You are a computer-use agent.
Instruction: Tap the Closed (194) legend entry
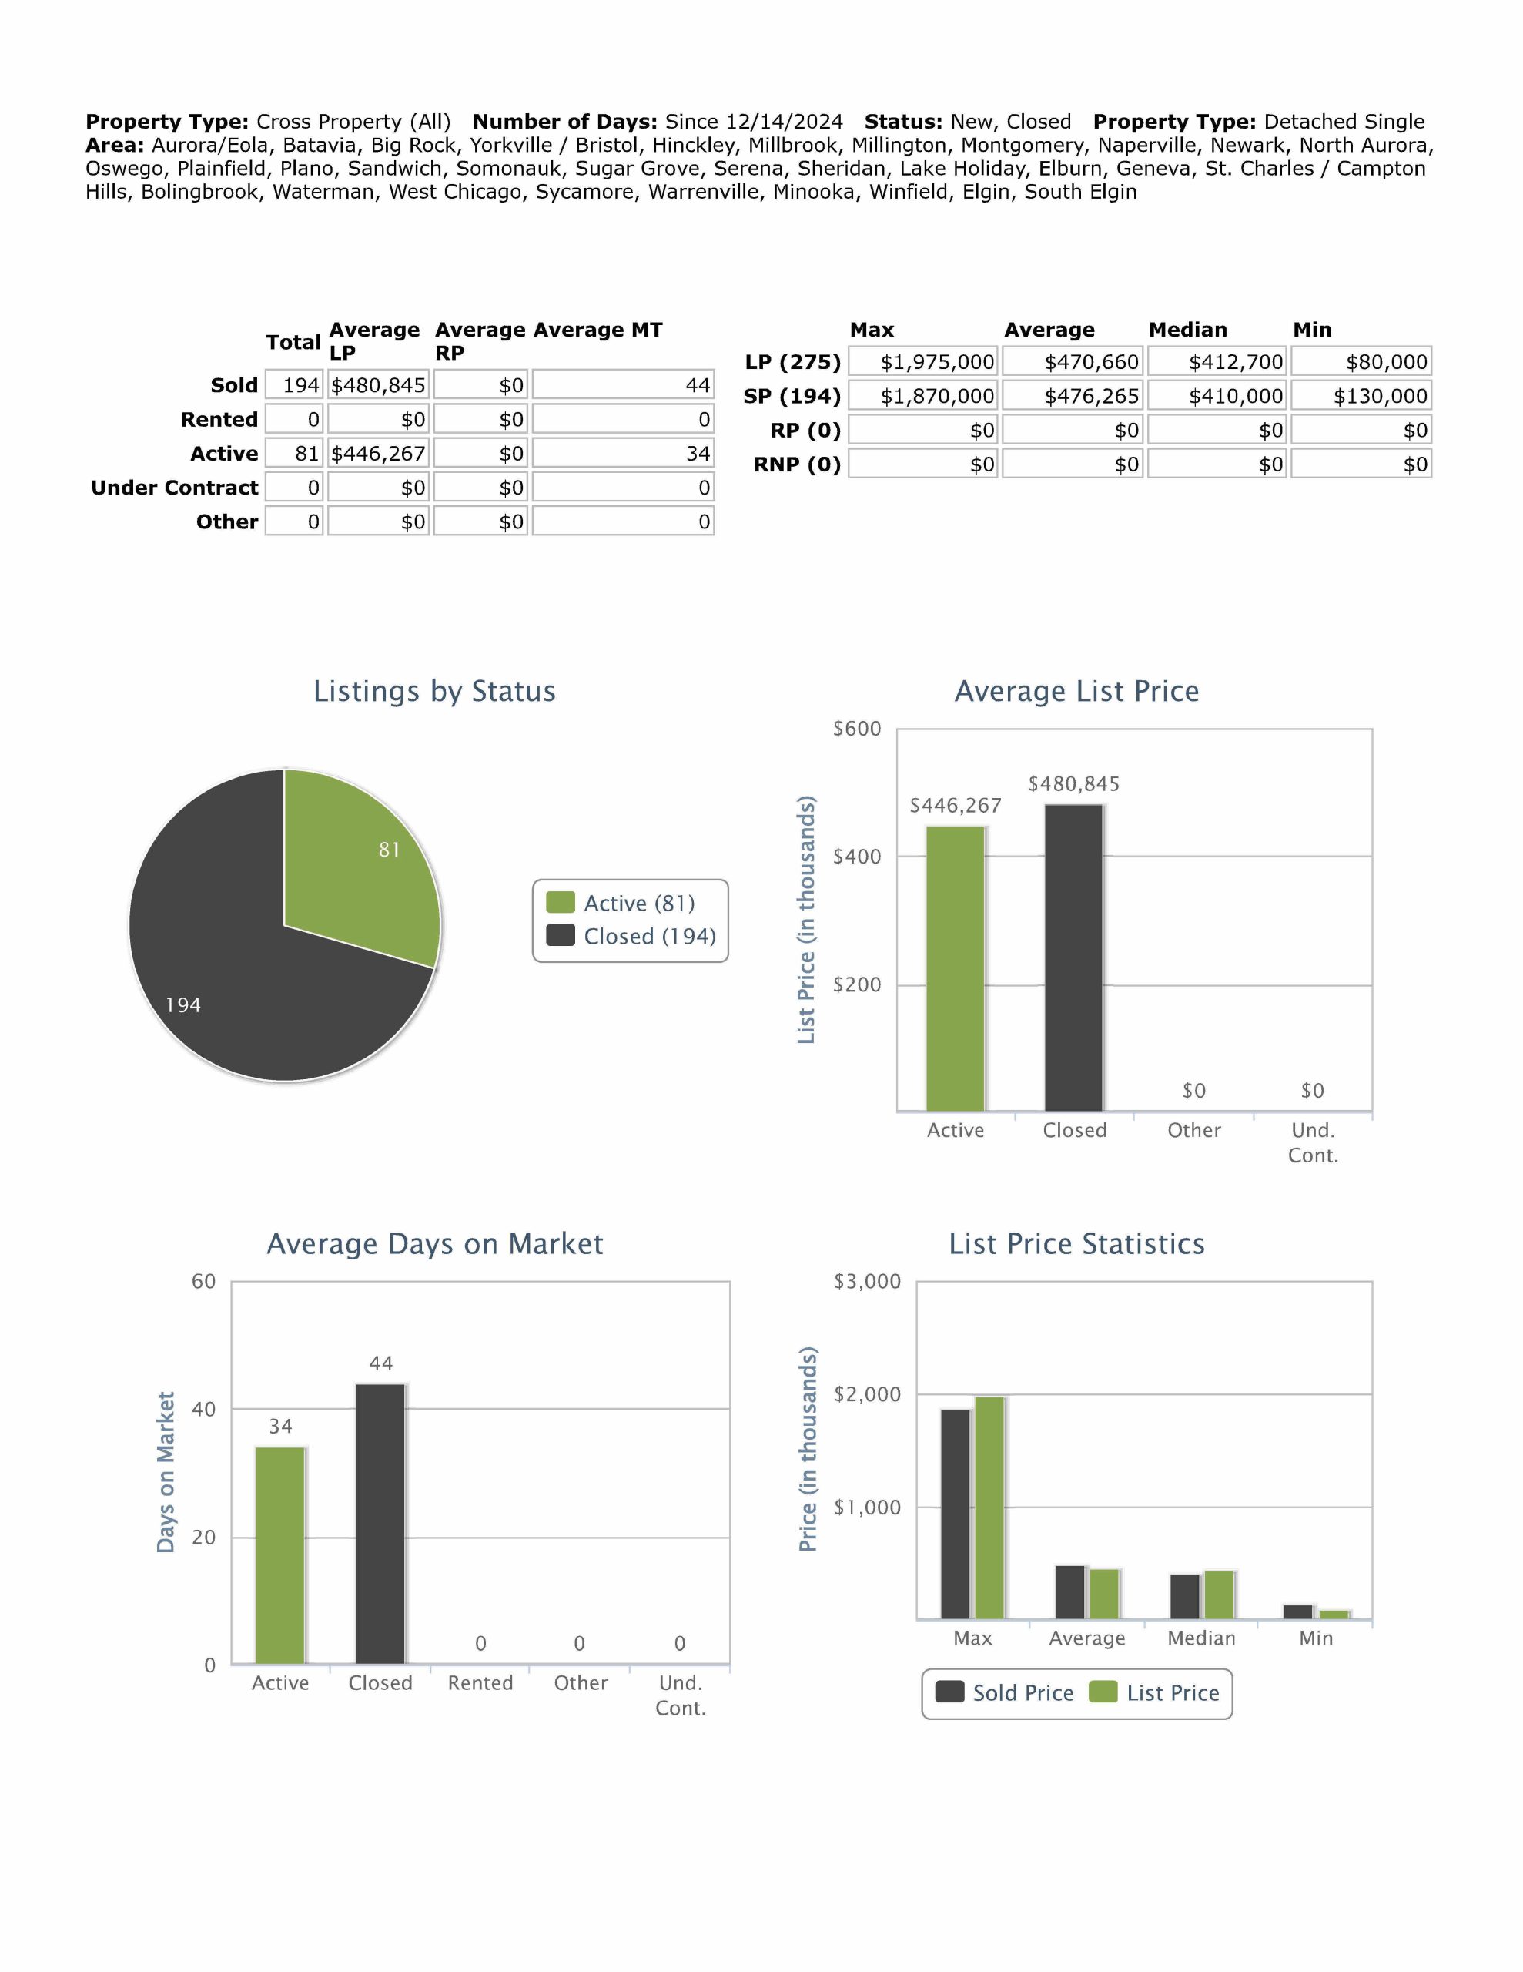coord(632,937)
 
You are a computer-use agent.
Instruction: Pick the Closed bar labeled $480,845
coord(1073,957)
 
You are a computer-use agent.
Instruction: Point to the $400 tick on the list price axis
coord(857,857)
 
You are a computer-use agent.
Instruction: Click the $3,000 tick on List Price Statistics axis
coord(867,1281)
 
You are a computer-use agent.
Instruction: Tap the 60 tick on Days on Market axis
coord(204,1281)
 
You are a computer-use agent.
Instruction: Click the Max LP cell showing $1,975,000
coord(923,362)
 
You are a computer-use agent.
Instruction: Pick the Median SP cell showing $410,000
coord(1217,397)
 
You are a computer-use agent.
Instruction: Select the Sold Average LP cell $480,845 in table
coord(377,386)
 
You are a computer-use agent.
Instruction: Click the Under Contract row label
coord(174,488)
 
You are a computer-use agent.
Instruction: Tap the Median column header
coord(1187,330)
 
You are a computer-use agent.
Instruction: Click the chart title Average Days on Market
coord(434,1243)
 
